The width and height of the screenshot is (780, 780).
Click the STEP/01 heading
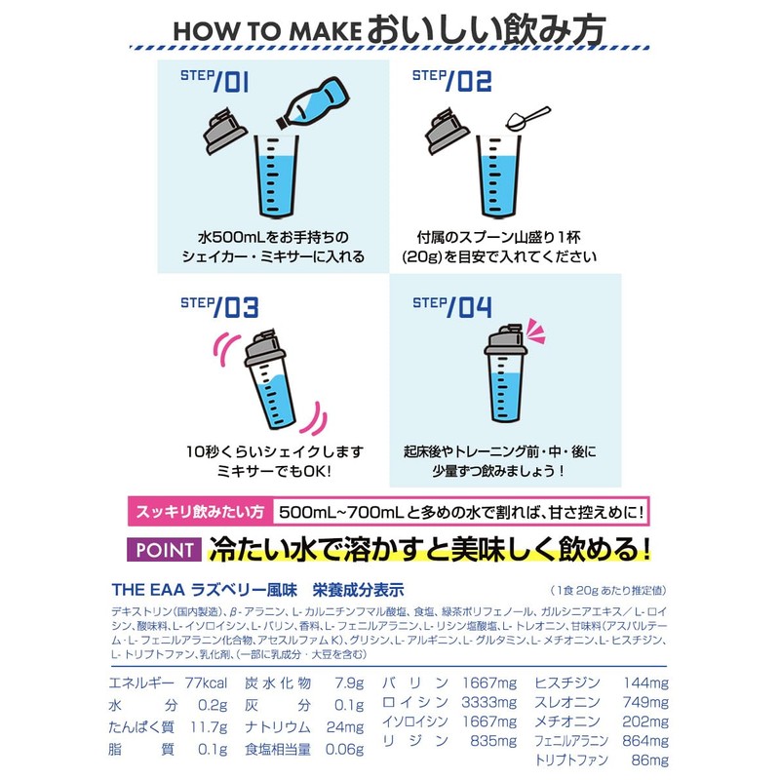point(214,81)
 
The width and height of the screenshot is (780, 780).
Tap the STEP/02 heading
point(451,81)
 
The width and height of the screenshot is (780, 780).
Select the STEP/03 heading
point(219,306)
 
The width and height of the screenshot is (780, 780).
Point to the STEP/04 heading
point(452,306)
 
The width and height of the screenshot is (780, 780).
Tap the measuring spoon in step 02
point(527,118)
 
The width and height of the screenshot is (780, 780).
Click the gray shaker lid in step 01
point(225,131)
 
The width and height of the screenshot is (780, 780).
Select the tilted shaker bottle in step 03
point(270,379)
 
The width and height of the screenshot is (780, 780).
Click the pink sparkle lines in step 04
point(536,331)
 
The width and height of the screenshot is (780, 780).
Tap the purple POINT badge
point(164,550)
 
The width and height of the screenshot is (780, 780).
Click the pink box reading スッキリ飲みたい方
point(200,511)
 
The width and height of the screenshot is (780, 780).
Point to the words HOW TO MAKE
point(266,32)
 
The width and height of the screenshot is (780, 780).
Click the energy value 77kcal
point(206,683)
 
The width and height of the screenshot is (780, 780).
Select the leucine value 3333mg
point(489,702)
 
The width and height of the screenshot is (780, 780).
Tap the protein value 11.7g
point(209,727)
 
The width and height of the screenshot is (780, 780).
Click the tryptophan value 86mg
point(649,760)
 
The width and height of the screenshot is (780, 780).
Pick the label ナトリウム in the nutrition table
point(278,727)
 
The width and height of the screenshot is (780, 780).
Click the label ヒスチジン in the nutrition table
point(567,683)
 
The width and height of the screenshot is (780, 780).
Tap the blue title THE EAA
point(148,590)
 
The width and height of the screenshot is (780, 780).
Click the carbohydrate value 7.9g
point(349,683)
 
